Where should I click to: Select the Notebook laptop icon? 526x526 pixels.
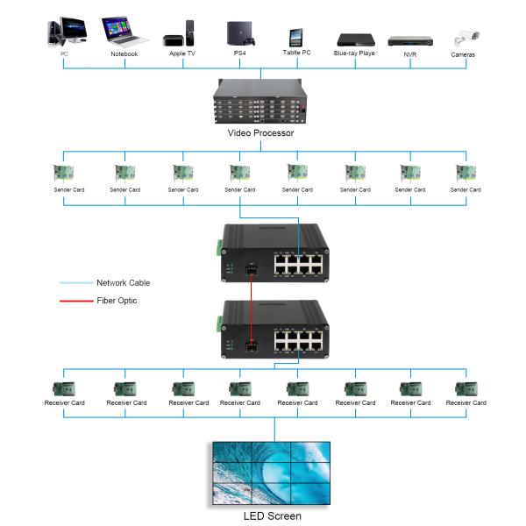[124, 31]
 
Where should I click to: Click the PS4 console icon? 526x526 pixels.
[239, 33]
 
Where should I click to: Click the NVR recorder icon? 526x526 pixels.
[409, 40]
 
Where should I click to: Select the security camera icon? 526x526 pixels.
[464, 39]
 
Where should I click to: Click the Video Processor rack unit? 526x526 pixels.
[260, 101]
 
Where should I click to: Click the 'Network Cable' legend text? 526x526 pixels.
[123, 283]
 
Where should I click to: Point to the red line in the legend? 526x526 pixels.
[76, 301]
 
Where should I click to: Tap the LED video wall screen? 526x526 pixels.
[272, 473]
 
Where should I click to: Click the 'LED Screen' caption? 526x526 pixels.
[272, 516]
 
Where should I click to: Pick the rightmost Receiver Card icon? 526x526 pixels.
[466, 388]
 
